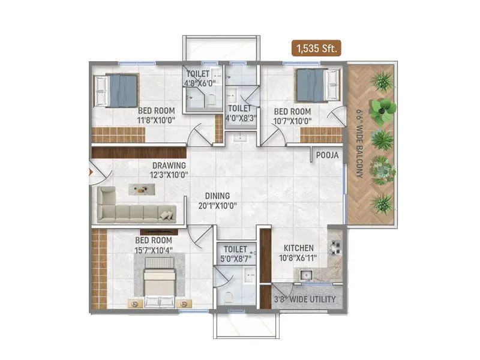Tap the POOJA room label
(x=328, y=155)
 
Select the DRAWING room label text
(x=169, y=166)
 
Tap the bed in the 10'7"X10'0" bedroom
(x=313, y=84)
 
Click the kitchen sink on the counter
(x=306, y=275)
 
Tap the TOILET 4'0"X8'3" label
(x=239, y=113)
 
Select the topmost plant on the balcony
(x=382, y=80)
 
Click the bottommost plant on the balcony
(x=382, y=203)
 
